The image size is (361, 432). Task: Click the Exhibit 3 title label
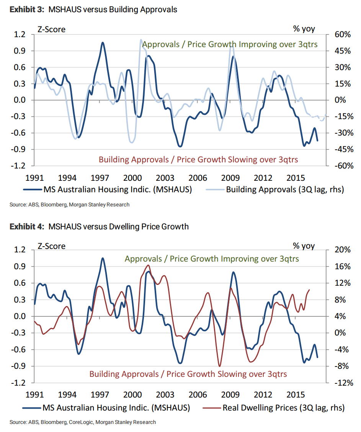tap(93, 10)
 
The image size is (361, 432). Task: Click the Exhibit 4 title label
tap(99, 226)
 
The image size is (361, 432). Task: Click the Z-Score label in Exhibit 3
tap(51, 29)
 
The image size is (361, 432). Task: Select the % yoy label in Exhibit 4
tap(304, 246)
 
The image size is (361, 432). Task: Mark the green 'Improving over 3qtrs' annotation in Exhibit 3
tap(230, 44)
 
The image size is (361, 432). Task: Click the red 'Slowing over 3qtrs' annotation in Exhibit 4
tap(188, 374)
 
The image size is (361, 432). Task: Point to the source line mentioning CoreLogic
tap(83, 422)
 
